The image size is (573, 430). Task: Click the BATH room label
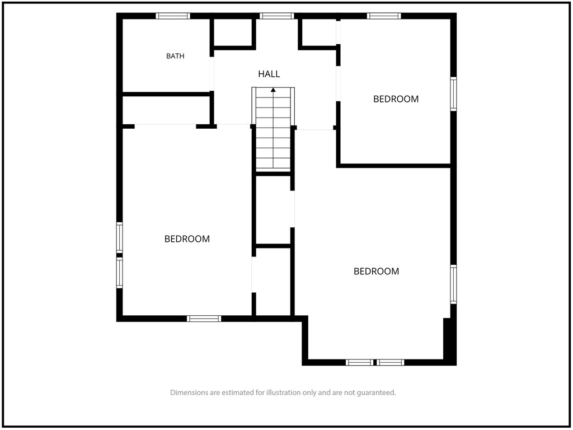[x=175, y=56]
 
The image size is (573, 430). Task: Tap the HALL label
[x=269, y=74]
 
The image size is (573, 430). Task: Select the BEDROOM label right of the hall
[x=396, y=99]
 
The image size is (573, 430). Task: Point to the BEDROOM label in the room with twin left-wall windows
[x=187, y=239]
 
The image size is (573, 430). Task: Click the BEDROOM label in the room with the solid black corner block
[x=377, y=272]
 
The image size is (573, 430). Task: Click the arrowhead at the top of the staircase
[x=273, y=90]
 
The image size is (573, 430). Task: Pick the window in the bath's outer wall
[x=173, y=16]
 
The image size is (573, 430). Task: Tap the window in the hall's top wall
[x=276, y=16]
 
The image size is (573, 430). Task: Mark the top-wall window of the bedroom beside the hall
[x=384, y=16]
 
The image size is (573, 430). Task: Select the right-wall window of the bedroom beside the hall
[x=453, y=94]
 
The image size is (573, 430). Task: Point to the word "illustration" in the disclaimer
[x=285, y=392]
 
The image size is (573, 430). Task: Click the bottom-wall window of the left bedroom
[x=204, y=319]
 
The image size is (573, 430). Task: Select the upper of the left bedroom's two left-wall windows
[x=120, y=237]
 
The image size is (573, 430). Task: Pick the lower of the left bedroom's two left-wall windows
[x=120, y=273]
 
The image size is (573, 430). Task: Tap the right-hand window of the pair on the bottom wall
[x=390, y=362]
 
